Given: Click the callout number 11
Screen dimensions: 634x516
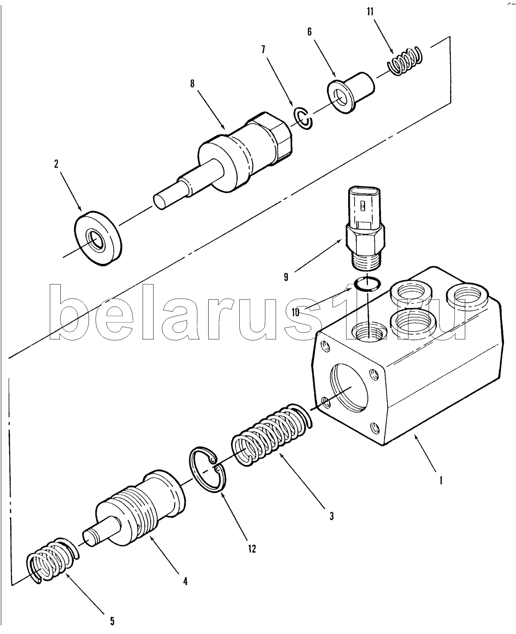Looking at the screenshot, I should coord(370,11).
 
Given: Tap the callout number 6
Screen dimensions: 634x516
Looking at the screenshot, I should coord(309,32).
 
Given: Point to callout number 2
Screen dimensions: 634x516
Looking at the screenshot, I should coord(56,164).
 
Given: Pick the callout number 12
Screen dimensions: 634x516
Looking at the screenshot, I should coord(251,549).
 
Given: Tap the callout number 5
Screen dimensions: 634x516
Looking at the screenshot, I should coord(112,621).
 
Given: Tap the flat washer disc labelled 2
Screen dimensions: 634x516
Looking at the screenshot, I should coord(98,236).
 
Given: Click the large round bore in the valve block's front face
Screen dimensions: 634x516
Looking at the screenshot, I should coord(349,387).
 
